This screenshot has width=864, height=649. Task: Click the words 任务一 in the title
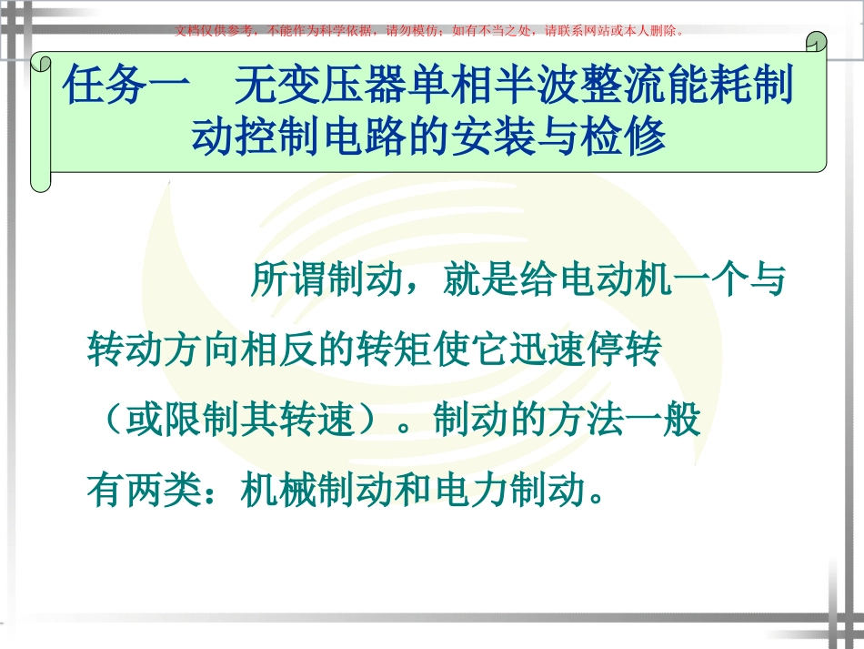[126, 88]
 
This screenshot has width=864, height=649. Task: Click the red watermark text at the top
[428, 30]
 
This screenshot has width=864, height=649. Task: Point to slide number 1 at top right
[819, 46]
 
